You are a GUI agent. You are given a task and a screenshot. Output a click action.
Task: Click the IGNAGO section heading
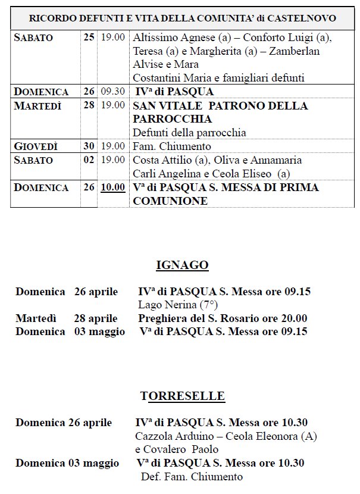(182, 265)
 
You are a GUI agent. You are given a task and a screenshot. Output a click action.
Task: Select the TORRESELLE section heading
(182, 396)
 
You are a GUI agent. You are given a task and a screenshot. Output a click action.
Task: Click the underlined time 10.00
(112, 187)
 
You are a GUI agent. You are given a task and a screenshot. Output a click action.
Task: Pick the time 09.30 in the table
(112, 92)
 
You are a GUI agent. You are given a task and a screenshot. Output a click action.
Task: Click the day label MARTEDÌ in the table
(37, 106)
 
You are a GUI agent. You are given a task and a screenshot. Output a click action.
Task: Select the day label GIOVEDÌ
(36, 146)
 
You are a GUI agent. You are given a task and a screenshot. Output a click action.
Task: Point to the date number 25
(89, 37)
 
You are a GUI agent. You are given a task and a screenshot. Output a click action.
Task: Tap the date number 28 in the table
(89, 106)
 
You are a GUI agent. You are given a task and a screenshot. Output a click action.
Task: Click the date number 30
(89, 146)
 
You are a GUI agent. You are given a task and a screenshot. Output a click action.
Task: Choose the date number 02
(89, 160)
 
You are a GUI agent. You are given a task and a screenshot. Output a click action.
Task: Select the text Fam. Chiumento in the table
(168, 146)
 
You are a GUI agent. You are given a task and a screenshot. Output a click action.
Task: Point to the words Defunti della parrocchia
(189, 133)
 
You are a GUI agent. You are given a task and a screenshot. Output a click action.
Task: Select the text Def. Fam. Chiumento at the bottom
(192, 477)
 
